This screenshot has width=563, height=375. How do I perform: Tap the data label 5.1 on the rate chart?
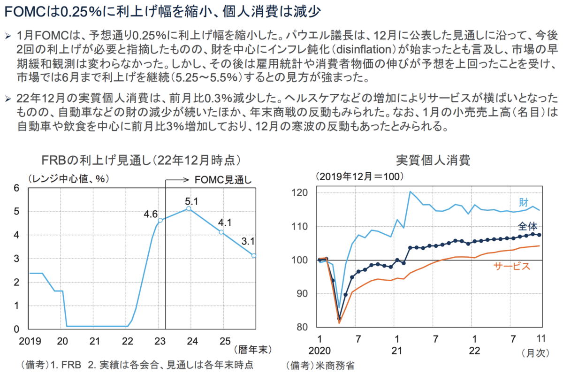point(192,202)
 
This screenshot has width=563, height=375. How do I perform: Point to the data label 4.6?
point(151,214)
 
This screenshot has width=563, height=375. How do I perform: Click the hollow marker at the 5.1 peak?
point(188,208)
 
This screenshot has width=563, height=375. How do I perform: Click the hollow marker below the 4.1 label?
point(221,232)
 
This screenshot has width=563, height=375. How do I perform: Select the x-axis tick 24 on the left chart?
point(192,340)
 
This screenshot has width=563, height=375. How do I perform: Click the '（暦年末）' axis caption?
point(251,350)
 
